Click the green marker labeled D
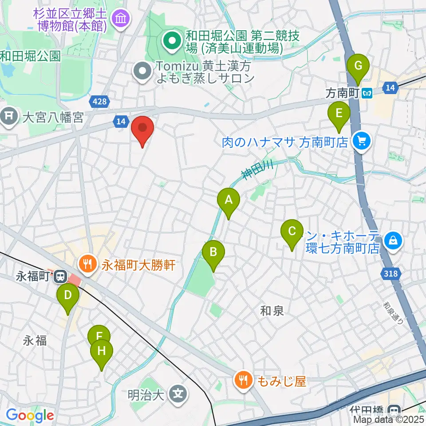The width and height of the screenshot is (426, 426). pyautogui.click(x=68, y=296)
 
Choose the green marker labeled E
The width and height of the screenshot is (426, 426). pyautogui.click(x=339, y=114)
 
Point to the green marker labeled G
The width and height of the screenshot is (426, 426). pyautogui.click(x=358, y=67)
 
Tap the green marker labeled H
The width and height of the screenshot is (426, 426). pyautogui.click(x=102, y=352)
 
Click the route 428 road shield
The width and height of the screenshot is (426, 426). pyautogui.click(x=100, y=102)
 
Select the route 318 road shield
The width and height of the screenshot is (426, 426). pyautogui.click(x=391, y=274)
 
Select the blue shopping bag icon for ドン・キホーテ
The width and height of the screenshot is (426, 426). pyautogui.click(x=393, y=241)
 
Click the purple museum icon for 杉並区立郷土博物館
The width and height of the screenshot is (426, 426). pyautogui.click(x=121, y=19)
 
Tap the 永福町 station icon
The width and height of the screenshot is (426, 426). pyautogui.click(x=59, y=277)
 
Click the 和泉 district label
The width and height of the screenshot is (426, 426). pyautogui.click(x=272, y=311)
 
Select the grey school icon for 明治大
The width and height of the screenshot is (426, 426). pyautogui.click(x=178, y=393)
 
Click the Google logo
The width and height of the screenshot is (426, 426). pyautogui.click(x=30, y=416)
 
